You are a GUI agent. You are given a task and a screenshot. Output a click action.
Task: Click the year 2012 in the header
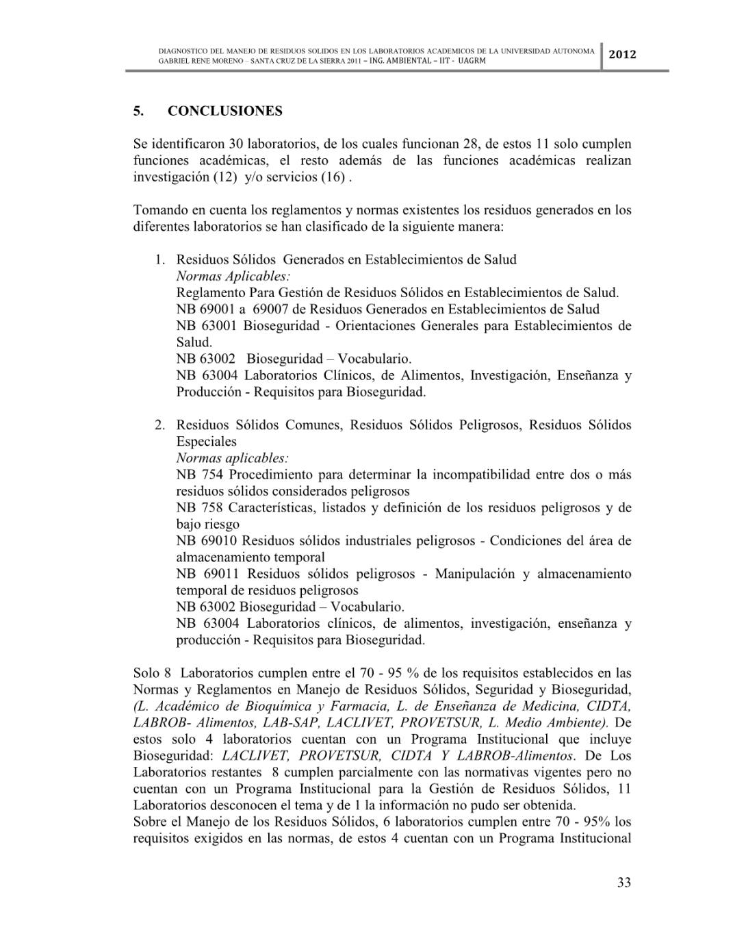point(622,55)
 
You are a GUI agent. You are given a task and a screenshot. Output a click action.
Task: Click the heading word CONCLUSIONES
point(224,111)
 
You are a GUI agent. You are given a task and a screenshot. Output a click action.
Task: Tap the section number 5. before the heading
point(138,111)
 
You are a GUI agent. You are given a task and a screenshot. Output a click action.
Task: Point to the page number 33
point(623,882)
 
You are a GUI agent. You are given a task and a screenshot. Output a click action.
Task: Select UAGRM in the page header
point(472,60)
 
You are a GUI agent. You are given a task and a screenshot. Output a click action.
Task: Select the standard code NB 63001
point(207,325)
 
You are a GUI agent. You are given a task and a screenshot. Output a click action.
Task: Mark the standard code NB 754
point(199,474)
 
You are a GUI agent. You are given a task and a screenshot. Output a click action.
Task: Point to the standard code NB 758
point(199,507)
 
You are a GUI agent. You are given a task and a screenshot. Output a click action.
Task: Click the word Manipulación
point(474,573)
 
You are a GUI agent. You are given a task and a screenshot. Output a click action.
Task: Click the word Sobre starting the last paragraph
point(150,821)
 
